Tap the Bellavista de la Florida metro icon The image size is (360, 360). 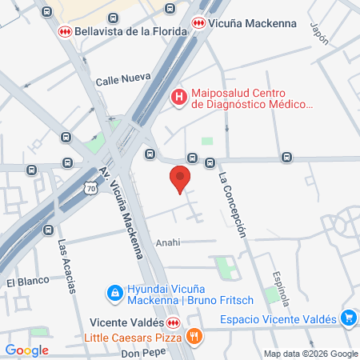point(64,31)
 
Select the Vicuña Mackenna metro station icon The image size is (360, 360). point(198,25)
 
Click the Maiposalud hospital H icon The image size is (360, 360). point(179,98)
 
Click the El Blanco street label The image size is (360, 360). point(22,282)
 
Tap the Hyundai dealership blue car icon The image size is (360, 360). point(115,293)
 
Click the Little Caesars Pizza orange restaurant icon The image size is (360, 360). point(193,337)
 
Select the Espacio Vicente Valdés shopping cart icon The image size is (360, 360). point(347,318)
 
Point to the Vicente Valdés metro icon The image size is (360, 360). point(173,322)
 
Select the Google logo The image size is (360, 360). point(27,350)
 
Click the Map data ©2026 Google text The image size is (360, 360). point(311,354)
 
